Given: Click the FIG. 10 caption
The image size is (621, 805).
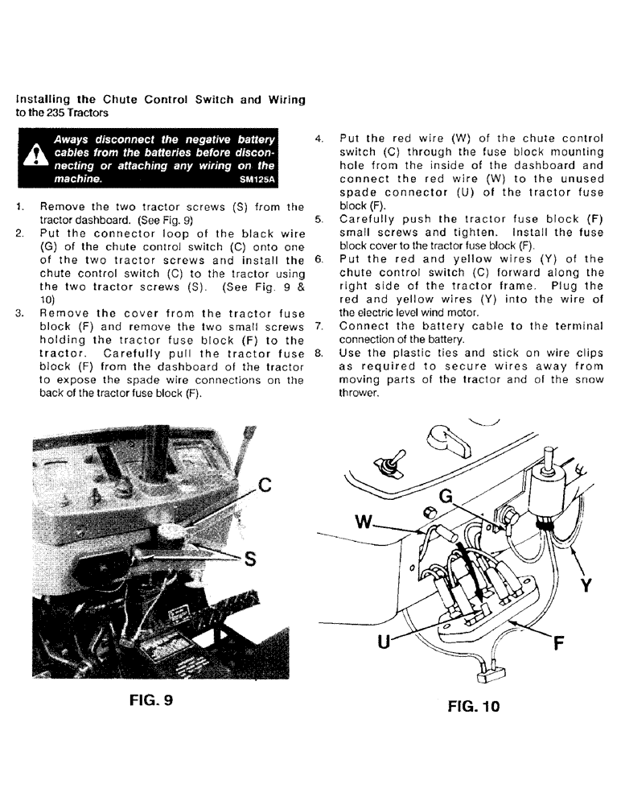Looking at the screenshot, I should tap(474, 706).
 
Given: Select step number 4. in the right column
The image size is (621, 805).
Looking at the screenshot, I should tap(319, 138).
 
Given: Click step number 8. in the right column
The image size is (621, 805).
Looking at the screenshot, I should tap(319, 352).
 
